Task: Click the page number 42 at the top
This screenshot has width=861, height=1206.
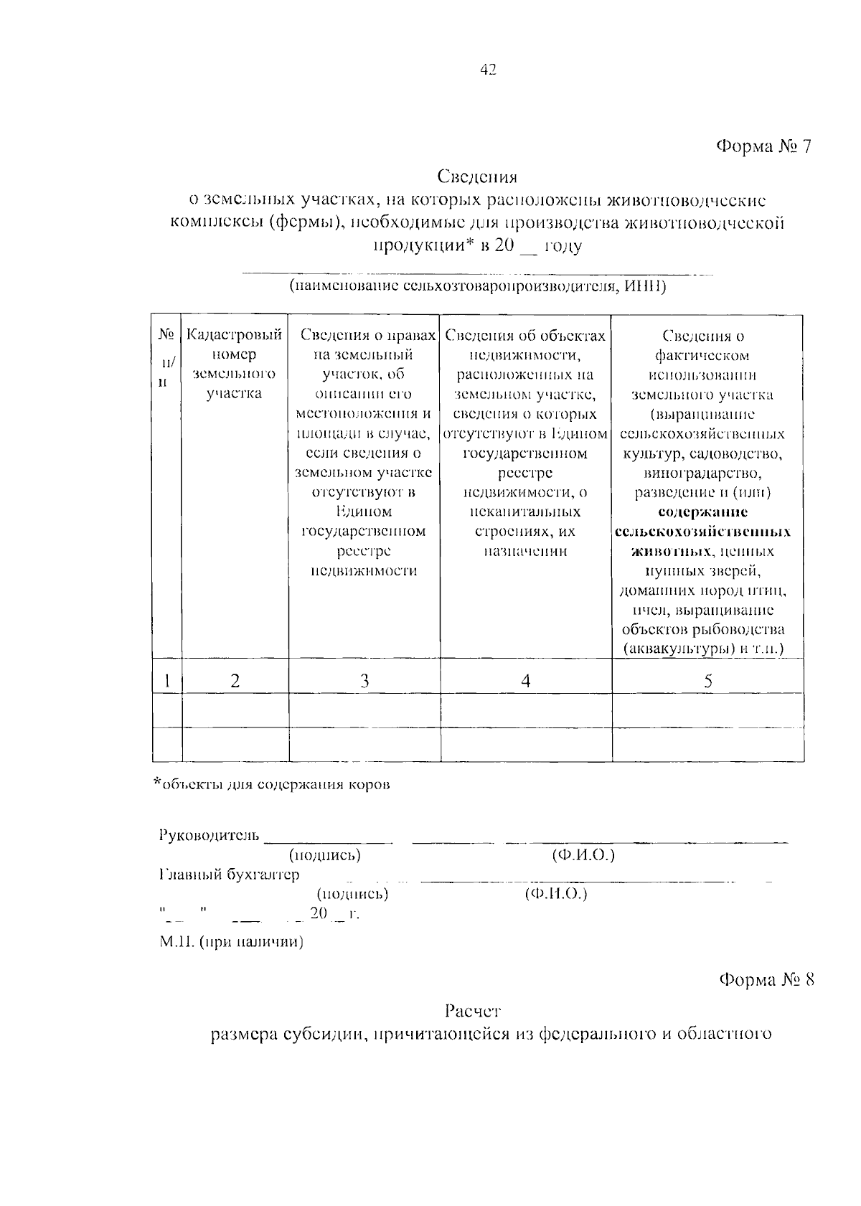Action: (487, 70)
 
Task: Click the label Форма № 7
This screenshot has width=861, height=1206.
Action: (765, 147)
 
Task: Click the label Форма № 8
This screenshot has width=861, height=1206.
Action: (767, 980)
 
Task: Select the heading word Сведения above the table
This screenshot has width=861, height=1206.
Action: (477, 176)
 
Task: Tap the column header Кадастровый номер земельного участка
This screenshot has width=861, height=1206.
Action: (234, 364)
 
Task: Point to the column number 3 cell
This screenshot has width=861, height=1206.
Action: (364, 681)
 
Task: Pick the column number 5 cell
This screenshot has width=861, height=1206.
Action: (707, 681)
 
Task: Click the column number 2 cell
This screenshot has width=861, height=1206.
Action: (235, 681)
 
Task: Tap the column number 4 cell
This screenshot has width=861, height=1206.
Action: (526, 681)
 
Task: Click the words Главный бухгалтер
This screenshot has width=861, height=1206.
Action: (229, 875)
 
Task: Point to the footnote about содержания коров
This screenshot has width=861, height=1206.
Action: (273, 784)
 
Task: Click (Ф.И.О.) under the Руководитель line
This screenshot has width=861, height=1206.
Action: (583, 855)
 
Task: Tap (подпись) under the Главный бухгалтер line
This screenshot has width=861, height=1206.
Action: (352, 894)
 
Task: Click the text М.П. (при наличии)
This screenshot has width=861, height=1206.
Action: (231, 942)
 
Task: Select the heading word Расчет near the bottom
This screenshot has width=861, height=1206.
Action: (472, 1012)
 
